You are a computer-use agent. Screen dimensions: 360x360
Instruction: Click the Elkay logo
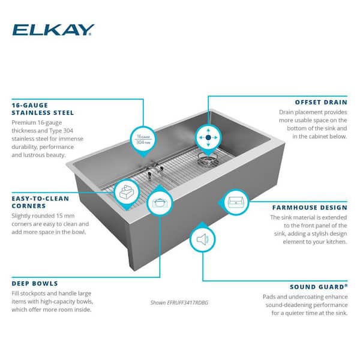(53, 30)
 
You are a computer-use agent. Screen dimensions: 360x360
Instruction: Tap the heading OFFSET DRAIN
(321, 103)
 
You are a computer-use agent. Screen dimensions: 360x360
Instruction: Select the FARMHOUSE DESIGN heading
(310, 208)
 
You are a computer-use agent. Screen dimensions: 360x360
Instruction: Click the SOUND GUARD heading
(319, 287)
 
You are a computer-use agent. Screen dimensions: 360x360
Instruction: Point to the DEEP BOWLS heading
(35, 284)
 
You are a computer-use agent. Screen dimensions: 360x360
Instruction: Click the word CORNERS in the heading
(29, 206)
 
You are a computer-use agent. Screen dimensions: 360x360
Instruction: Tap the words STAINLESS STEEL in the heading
(43, 113)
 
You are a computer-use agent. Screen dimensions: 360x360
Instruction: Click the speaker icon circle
(203, 239)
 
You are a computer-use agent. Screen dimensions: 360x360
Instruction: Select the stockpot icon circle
(160, 203)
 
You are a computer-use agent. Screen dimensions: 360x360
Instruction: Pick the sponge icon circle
(127, 192)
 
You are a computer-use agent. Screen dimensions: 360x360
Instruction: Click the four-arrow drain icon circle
(208, 137)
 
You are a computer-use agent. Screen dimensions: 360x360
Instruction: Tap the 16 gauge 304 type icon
(143, 139)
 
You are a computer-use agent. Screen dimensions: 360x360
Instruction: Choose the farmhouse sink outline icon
(236, 202)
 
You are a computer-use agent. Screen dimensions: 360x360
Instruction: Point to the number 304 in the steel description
(68, 131)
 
